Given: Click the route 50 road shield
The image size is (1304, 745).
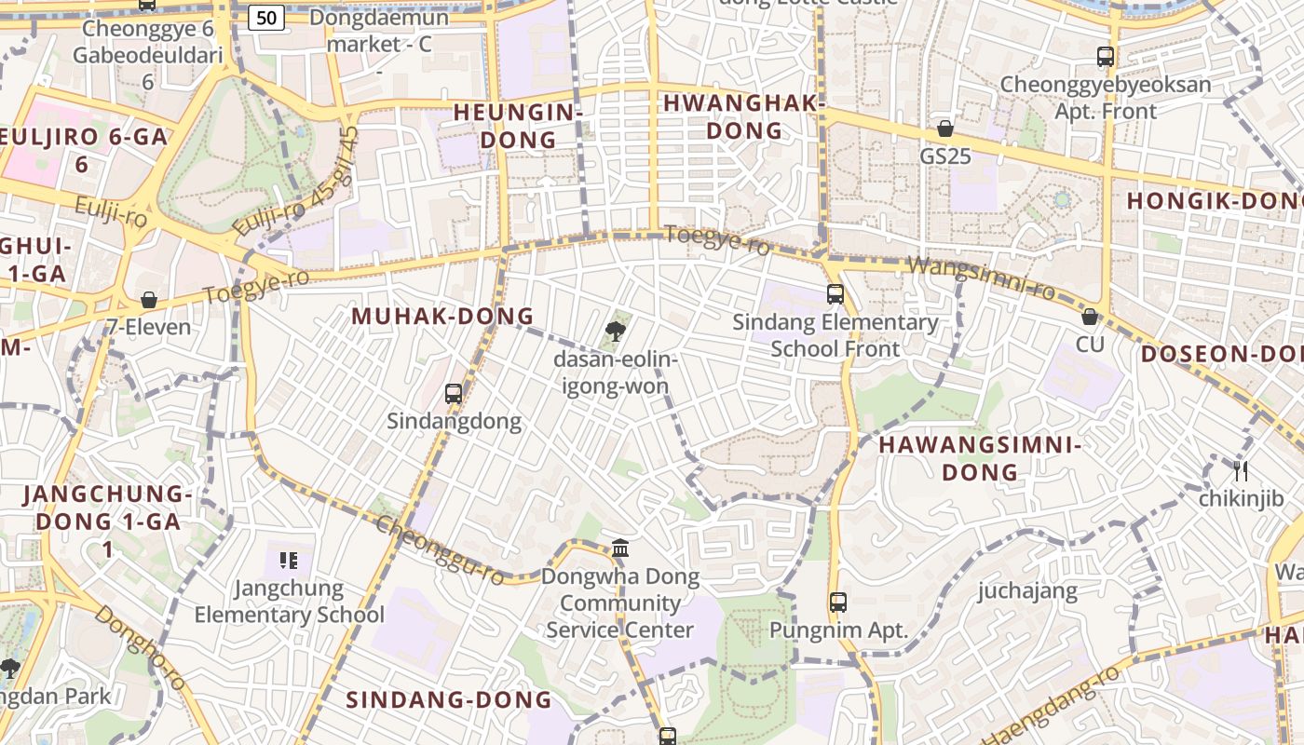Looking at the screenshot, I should pos(266,17).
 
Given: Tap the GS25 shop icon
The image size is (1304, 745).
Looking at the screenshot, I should pos(945,129).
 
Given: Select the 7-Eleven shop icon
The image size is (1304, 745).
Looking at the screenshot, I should pos(149,300).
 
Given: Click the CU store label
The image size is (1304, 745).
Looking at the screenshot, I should pos(1090,345).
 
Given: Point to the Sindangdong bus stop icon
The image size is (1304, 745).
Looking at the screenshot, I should pos(454,393).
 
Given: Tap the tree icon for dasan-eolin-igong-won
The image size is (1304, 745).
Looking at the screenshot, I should pos(615,331).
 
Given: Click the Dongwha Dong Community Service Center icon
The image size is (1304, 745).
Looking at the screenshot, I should pos(620,548).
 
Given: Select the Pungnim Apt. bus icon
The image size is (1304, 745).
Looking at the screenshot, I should pos(838,602).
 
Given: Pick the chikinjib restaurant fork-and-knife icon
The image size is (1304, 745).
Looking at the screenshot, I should pos(1240,470).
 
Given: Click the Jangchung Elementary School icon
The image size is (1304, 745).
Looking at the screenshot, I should pos(289,561).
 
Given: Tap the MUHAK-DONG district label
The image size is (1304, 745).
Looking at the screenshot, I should pos(442,317).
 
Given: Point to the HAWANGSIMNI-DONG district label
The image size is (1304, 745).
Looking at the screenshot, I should pos(980,458).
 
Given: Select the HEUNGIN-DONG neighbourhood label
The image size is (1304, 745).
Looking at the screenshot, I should pos(518,127).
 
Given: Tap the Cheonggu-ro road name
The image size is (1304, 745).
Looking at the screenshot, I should pos(441,549).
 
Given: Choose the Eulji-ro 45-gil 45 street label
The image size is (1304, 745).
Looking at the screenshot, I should pos(295,183).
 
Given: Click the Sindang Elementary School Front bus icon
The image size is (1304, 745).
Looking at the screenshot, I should pos(835,294).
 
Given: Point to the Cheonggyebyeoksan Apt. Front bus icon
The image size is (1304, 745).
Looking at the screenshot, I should pos(1106,57).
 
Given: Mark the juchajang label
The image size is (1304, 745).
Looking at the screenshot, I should pos(1027,590).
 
